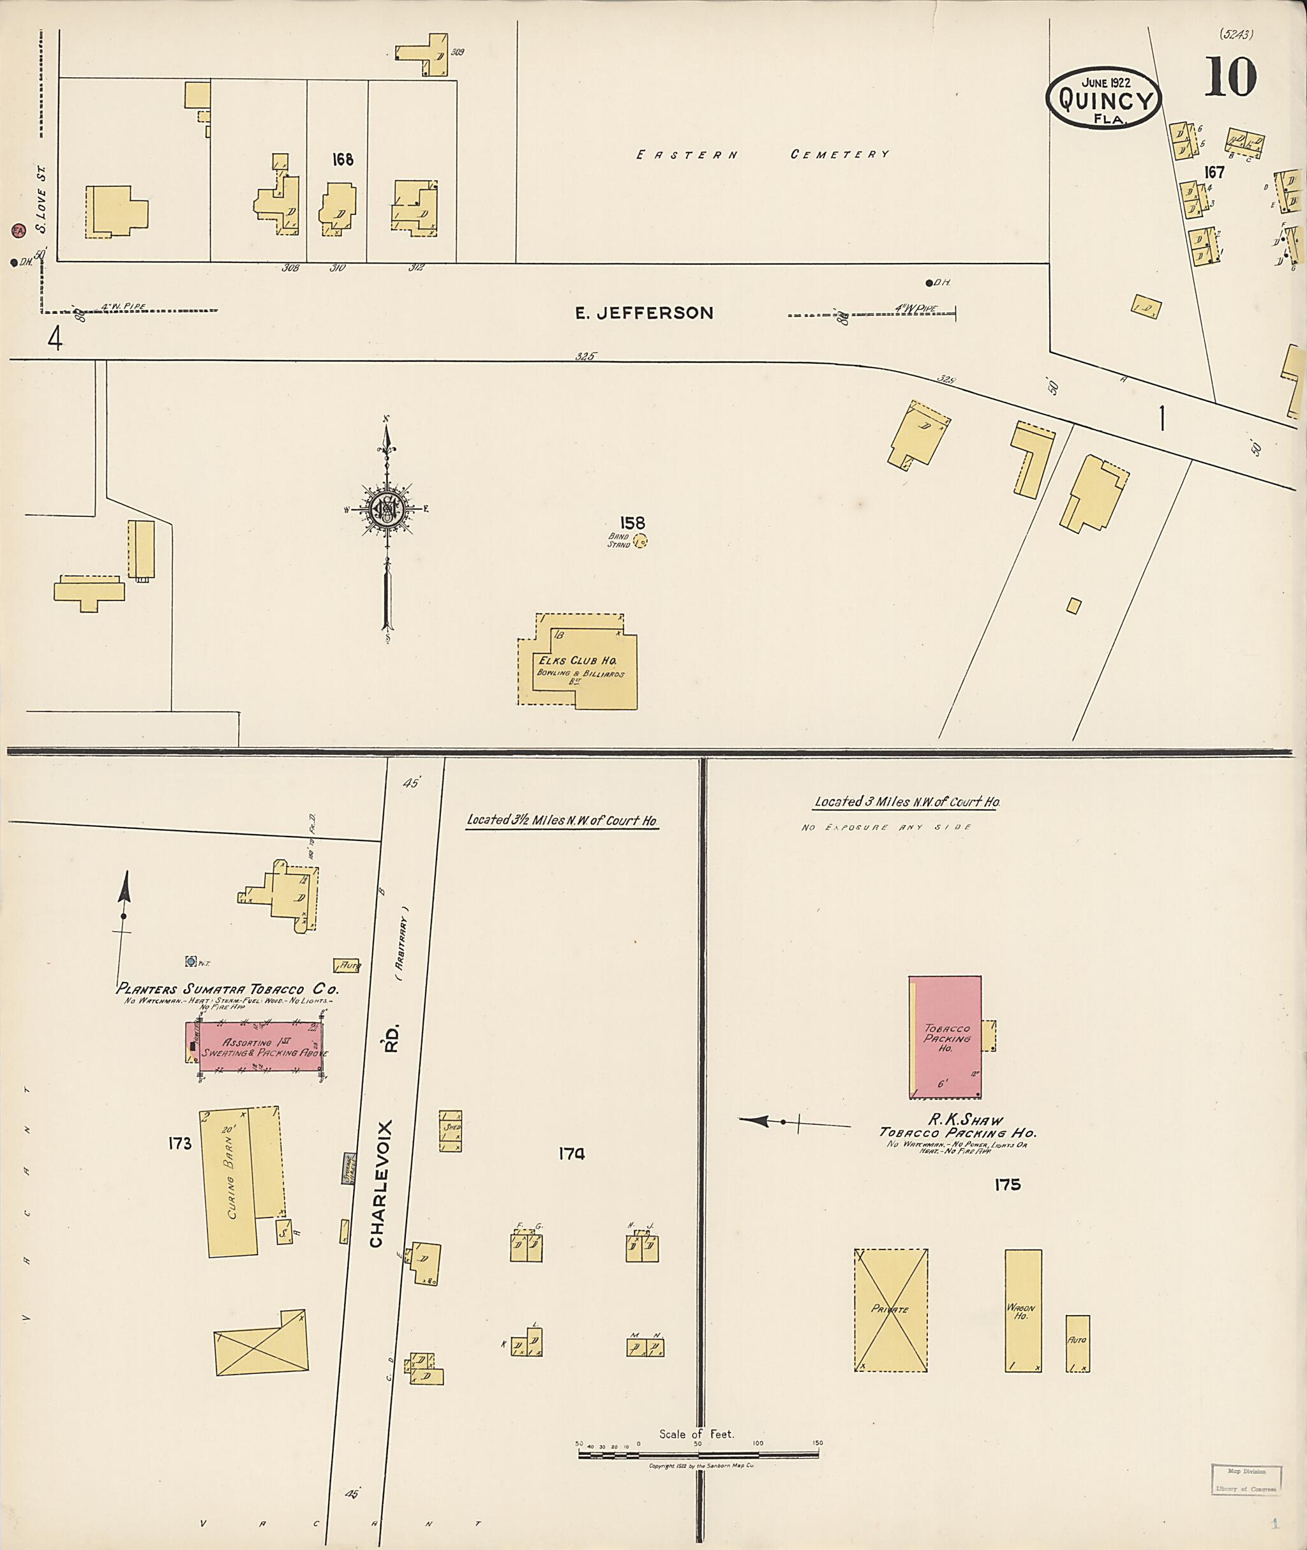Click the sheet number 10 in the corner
(1230, 78)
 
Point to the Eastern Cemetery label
(763, 155)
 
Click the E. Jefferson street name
(644, 313)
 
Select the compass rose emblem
(386, 509)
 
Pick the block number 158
(632, 523)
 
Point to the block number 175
(1008, 1185)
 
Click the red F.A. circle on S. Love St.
(19, 230)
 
